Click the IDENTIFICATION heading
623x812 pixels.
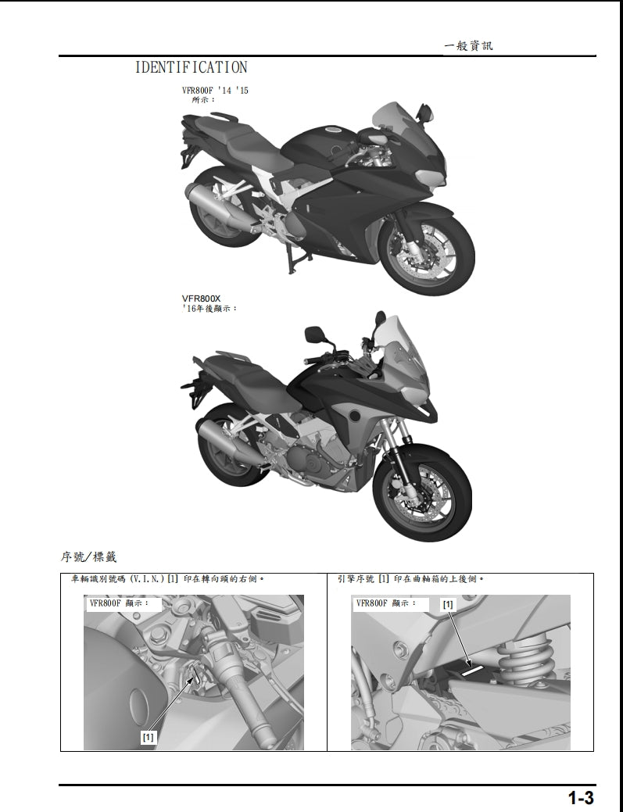coord(191,68)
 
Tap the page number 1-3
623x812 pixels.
coord(581,798)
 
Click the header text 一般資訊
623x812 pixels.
coord(468,46)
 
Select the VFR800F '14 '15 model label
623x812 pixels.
coord(215,91)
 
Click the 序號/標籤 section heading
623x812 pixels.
coord(88,557)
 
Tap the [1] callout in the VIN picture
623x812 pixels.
coord(149,736)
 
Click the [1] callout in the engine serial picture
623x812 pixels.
coord(448,604)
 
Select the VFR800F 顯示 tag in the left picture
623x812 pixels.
coord(121,604)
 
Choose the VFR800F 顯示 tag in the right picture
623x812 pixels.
coord(385,604)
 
